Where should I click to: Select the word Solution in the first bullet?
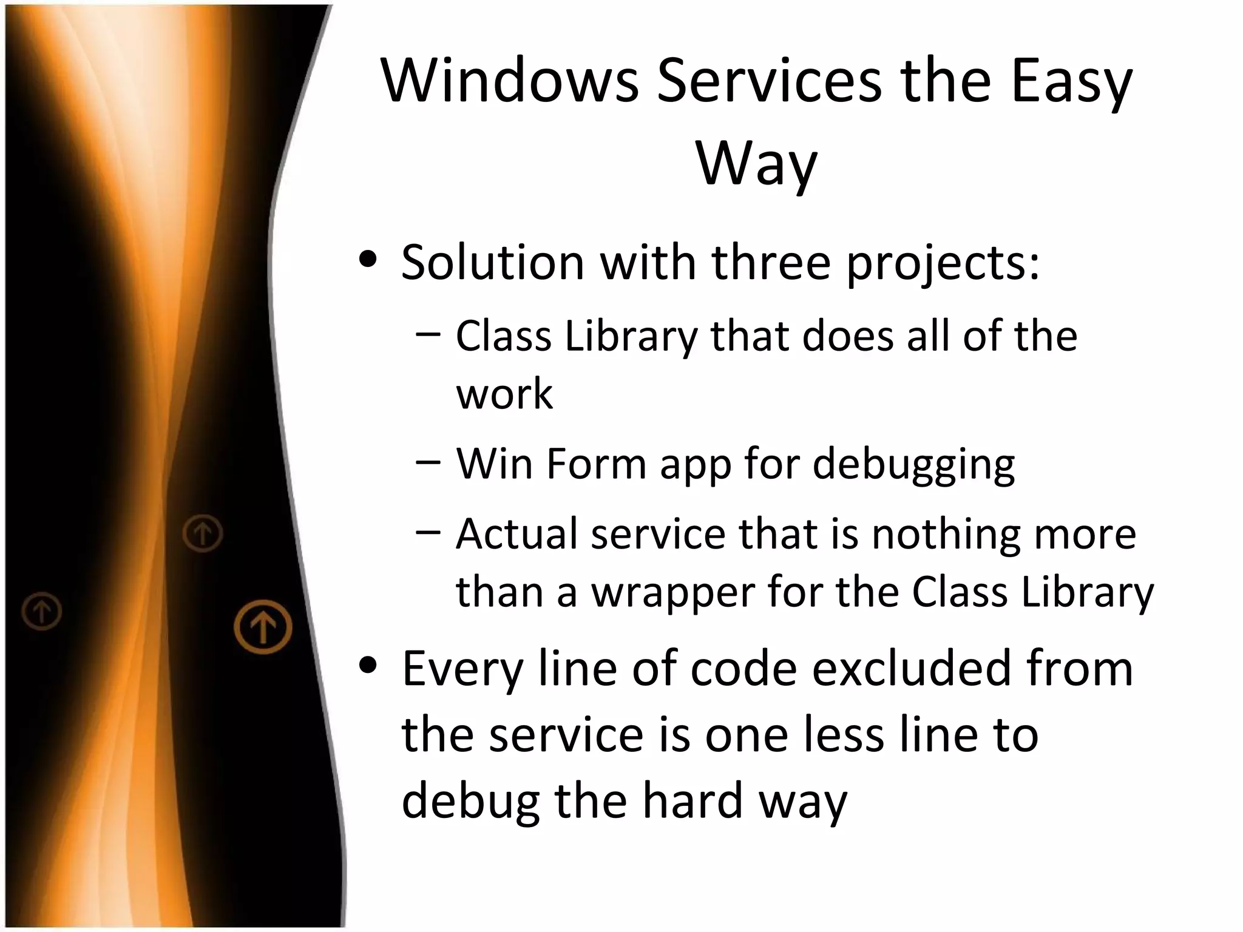click(492, 262)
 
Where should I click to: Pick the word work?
click(504, 394)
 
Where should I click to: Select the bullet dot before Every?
click(368, 666)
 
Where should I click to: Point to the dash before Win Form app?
click(428, 461)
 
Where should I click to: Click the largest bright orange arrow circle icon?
click(263, 627)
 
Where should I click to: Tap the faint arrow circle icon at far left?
click(42, 610)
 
